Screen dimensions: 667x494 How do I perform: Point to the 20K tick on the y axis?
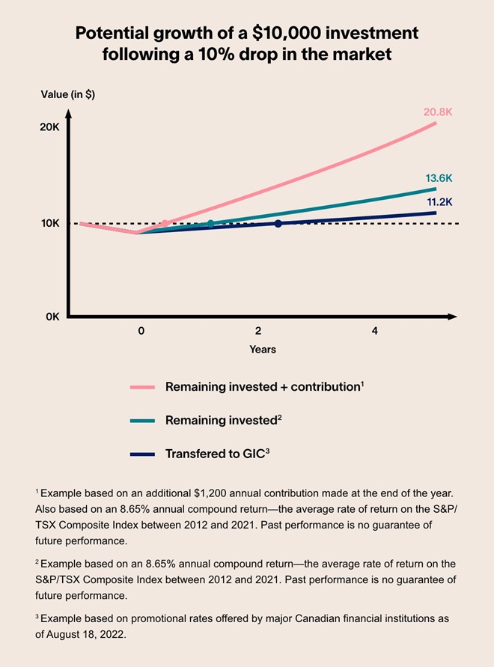(x=49, y=127)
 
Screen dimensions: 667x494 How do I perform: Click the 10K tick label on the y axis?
(x=49, y=223)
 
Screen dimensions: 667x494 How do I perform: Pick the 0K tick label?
(x=51, y=317)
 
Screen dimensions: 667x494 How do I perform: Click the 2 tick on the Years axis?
(x=257, y=330)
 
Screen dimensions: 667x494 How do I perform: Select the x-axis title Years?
(x=263, y=350)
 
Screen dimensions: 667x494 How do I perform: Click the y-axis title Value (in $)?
(x=68, y=94)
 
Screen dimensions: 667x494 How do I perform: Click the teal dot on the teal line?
(x=210, y=223)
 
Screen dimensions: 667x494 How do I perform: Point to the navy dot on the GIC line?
(x=278, y=223)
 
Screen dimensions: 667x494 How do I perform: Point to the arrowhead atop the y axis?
(x=68, y=115)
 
